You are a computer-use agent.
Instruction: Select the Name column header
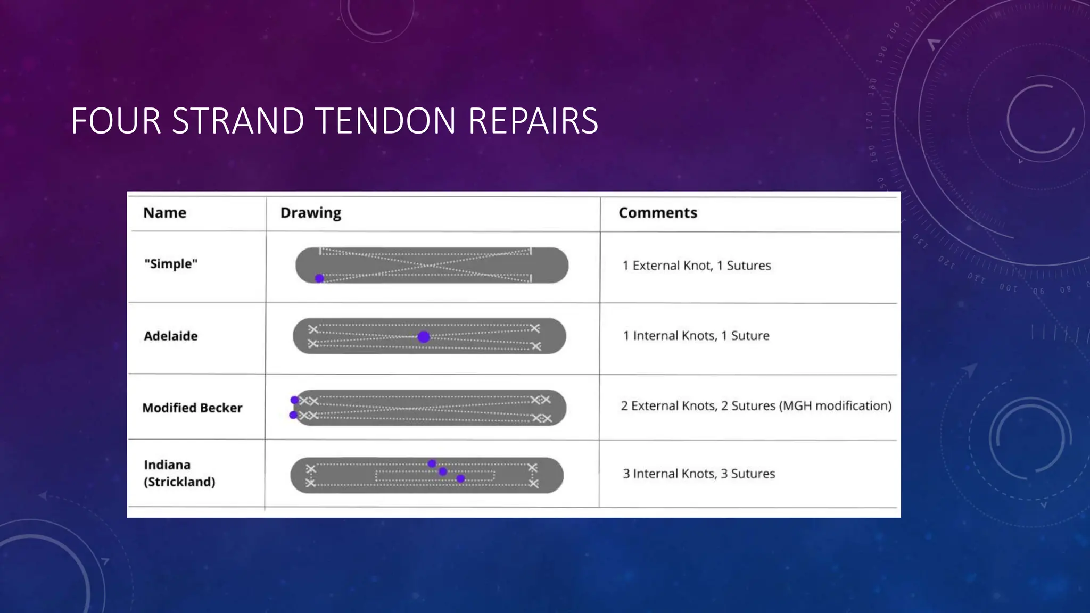(x=164, y=213)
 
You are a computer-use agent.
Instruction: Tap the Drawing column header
(x=310, y=213)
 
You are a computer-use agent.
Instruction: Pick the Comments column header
(x=657, y=213)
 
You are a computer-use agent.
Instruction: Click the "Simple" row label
(x=171, y=264)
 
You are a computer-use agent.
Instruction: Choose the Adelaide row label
(x=171, y=336)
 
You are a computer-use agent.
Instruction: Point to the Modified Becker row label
(x=192, y=408)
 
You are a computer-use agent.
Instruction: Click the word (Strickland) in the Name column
(x=179, y=482)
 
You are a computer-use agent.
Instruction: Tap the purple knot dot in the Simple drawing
(x=319, y=278)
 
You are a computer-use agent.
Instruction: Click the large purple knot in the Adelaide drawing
(x=424, y=337)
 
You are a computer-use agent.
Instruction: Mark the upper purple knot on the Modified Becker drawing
(x=294, y=400)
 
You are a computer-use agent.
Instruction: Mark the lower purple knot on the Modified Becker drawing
(x=293, y=415)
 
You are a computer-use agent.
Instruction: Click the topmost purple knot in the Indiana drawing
(x=432, y=463)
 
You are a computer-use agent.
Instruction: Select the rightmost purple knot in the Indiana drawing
(x=461, y=478)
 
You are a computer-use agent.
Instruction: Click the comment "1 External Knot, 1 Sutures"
(x=697, y=266)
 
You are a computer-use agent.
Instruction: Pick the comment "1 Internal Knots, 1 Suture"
(x=696, y=336)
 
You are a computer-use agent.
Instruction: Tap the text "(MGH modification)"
(x=835, y=406)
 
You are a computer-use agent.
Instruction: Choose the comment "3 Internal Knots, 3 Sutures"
(x=699, y=474)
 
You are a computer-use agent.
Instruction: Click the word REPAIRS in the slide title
(x=533, y=121)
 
